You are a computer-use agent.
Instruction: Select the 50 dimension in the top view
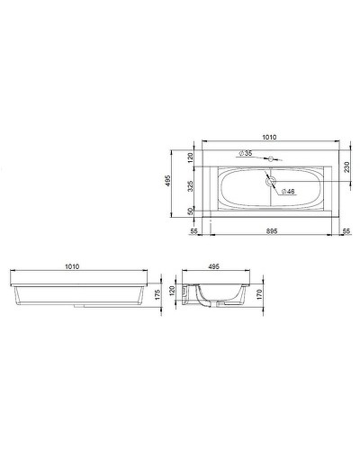[x=190, y=211]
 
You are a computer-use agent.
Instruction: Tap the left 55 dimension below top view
[x=194, y=231]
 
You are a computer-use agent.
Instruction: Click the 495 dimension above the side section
[x=215, y=266]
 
